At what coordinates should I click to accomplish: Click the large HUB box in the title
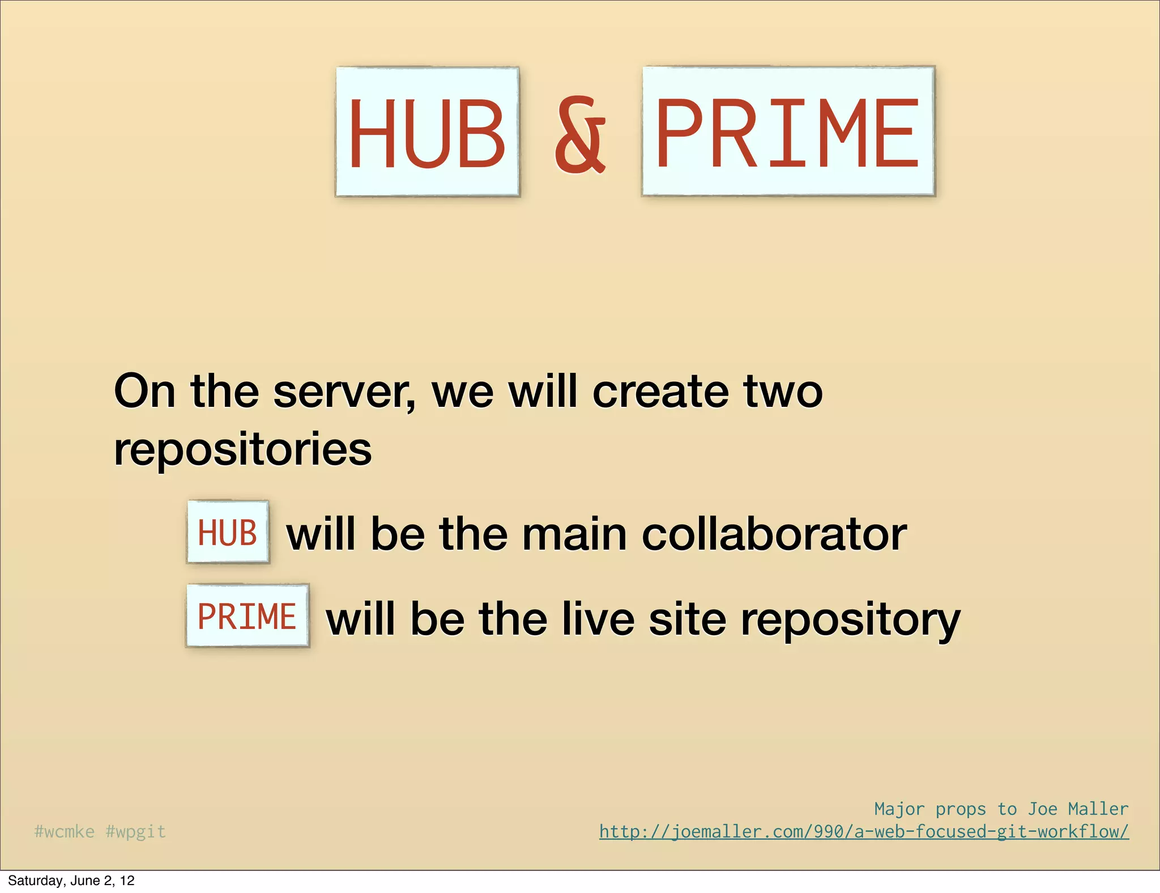click(x=427, y=132)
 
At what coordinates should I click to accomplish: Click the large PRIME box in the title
click(x=788, y=131)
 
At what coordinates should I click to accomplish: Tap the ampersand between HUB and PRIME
click(x=580, y=134)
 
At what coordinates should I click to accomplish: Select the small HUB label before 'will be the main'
click(x=228, y=532)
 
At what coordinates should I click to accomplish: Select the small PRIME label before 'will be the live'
click(x=248, y=616)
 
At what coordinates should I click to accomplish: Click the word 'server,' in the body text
click(x=344, y=392)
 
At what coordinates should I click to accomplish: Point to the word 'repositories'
click(x=243, y=449)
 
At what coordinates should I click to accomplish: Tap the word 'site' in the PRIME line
click(x=687, y=619)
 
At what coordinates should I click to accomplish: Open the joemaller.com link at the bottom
click(x=864, y=832)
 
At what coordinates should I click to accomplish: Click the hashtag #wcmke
click(x=65, y=832)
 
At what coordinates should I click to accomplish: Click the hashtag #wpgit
click(x=136, y=832)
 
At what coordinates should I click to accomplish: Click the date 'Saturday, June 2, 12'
click(x=71, y=881)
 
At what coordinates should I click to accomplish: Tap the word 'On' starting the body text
click(x=144, y=392)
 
